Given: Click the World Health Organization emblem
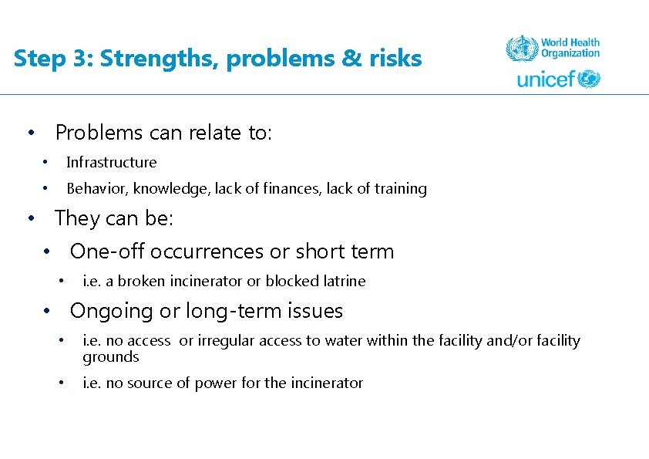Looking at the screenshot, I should (521, 49).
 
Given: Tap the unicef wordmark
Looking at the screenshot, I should (546, 79).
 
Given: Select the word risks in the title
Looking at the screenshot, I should (395, 59).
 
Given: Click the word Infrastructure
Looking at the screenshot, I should (111, 163).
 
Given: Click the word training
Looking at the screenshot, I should (402, 189).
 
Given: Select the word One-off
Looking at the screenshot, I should (107, 251).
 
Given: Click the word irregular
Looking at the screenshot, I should (226, 340).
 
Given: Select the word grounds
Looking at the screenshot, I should (111, 357).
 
